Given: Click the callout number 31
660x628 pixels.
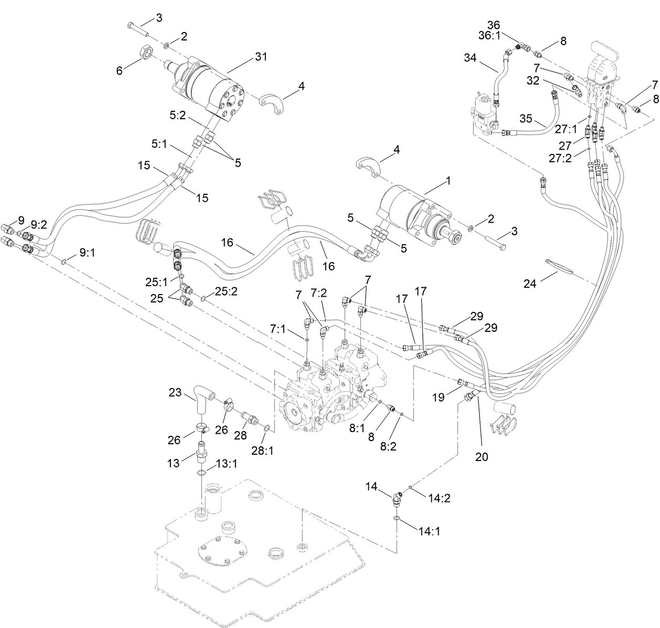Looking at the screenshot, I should tap(261, 57).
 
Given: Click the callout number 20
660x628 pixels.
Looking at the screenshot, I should tap(482, 457).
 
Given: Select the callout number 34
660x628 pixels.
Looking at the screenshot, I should tap(470, 58).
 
